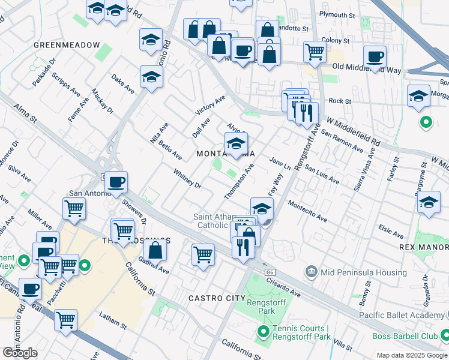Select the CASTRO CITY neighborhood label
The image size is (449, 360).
[217, 298]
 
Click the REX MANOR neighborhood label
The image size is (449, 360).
[423, 247]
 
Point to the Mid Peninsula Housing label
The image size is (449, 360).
[364, 272]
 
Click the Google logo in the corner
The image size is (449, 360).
[20, 353]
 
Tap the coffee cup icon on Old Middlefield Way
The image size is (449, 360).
[375, 58]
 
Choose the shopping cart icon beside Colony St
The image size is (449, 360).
[314, 52]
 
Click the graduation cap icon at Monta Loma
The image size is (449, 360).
[236, 144]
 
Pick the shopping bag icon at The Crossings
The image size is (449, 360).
[155, 250]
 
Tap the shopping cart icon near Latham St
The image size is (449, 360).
[65, 320]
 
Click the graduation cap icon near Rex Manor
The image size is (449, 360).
[429, 203]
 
